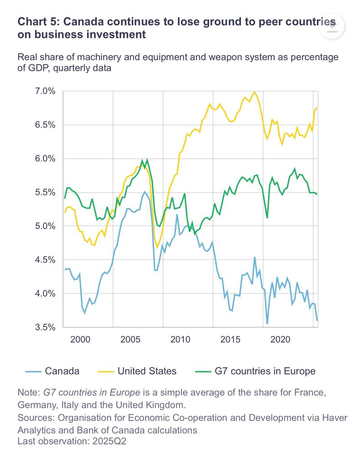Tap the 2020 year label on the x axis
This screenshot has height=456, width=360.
pyautogui.click(x=281, y=340)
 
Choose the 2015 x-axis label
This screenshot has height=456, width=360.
pyautogui.click(x=231, y=340)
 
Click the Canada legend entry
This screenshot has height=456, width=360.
pyautogui.click(x=62, y=371)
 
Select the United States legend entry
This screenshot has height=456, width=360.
pyautogui.click(x=147, y=371)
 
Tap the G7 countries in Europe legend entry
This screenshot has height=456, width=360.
pyautogui.click(x=265, y=371)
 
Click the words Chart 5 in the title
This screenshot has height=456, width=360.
pyautogui.click(x=37, y=22)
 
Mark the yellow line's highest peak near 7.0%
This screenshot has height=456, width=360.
pyautogui.click(x=254, y=92)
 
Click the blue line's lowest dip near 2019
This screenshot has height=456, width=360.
pyautogui.click(x=267, y=324)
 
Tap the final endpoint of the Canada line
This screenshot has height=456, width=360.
pyautogui.click(x=317, y=321)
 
